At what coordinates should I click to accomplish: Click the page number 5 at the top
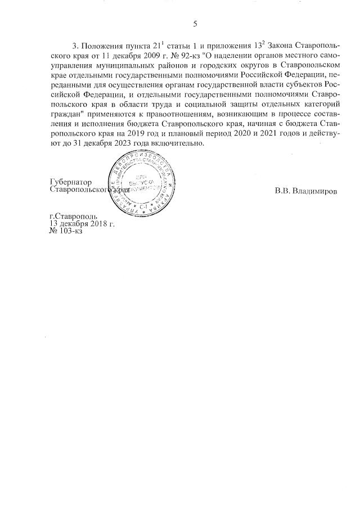[195, 24]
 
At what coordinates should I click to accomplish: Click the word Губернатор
[71, 182]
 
